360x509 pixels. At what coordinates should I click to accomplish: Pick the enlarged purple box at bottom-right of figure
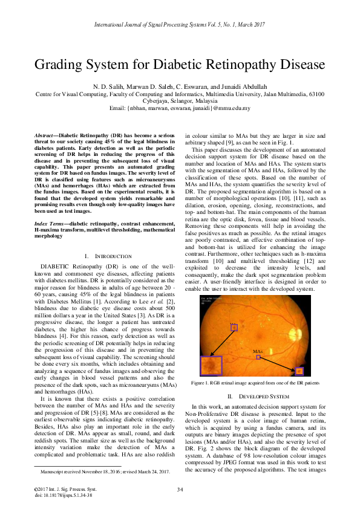coord(298,371)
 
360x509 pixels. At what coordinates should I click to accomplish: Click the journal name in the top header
coord(180,25)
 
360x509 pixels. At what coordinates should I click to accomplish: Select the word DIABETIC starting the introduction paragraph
coord(56,266)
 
